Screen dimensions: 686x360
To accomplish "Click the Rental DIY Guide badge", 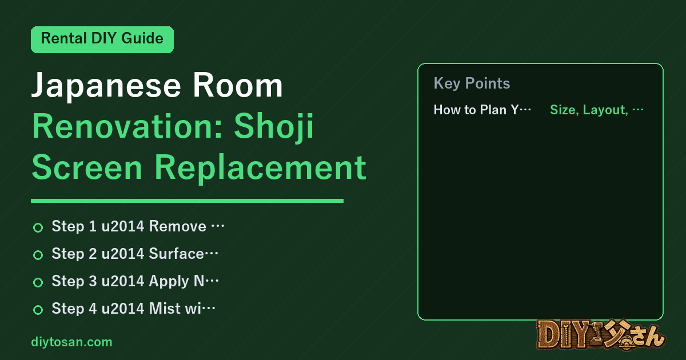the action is click(x=102, y=39).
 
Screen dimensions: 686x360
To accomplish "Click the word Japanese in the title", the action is click(x=106, y=86).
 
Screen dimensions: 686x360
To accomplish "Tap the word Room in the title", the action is click(x=237, y=86).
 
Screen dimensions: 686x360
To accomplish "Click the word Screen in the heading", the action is click(x=87, y=167).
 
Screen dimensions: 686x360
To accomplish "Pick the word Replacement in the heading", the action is click(x=260, y=168).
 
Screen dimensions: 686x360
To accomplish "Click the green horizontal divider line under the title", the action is click(x=187, y=201).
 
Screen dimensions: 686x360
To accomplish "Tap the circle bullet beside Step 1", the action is click(x=38, y=227).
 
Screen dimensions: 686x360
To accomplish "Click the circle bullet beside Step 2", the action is click(x=38, y=255).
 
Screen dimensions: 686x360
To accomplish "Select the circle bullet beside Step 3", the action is click(x=38, y=282).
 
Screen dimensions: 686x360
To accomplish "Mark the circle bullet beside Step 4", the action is click(x=38, y=310).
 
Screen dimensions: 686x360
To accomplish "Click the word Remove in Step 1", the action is click(x=178, y=226).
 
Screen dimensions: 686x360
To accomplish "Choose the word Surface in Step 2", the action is click(x=177, y=254).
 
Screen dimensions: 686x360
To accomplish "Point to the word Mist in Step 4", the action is click(x=165, y=309).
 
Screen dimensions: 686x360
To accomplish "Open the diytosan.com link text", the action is click(x=71, y=342).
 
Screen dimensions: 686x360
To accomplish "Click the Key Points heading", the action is click(x=472, y=83).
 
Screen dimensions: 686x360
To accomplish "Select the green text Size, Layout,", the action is click(x=589, y=110).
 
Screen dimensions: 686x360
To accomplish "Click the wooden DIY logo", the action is click(x=601, y=335).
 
